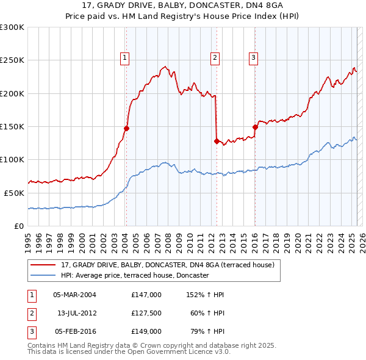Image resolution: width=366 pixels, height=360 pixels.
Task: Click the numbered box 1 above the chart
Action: click(x=124, y=58)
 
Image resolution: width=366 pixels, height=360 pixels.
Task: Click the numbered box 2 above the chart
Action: click(x=215, y=58)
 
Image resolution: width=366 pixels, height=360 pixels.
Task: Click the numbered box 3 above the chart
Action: click(x=253, y=58)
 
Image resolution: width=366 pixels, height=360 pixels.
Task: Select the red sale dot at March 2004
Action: click(x=126, y=128)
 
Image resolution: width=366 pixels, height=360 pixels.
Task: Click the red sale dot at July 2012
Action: click(x=217, y=141)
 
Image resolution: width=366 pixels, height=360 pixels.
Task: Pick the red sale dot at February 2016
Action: click(x=255, y=127)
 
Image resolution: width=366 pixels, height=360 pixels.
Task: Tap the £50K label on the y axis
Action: click(x=15, y=193)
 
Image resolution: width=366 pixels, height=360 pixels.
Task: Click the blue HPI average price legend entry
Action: click(x=135, y=275)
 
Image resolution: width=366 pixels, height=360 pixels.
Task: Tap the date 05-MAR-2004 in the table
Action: click(x=74, y=295)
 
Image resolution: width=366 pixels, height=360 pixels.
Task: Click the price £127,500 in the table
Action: click(x=146, y=313)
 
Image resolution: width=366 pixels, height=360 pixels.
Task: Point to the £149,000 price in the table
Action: click(x=146, y=331)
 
